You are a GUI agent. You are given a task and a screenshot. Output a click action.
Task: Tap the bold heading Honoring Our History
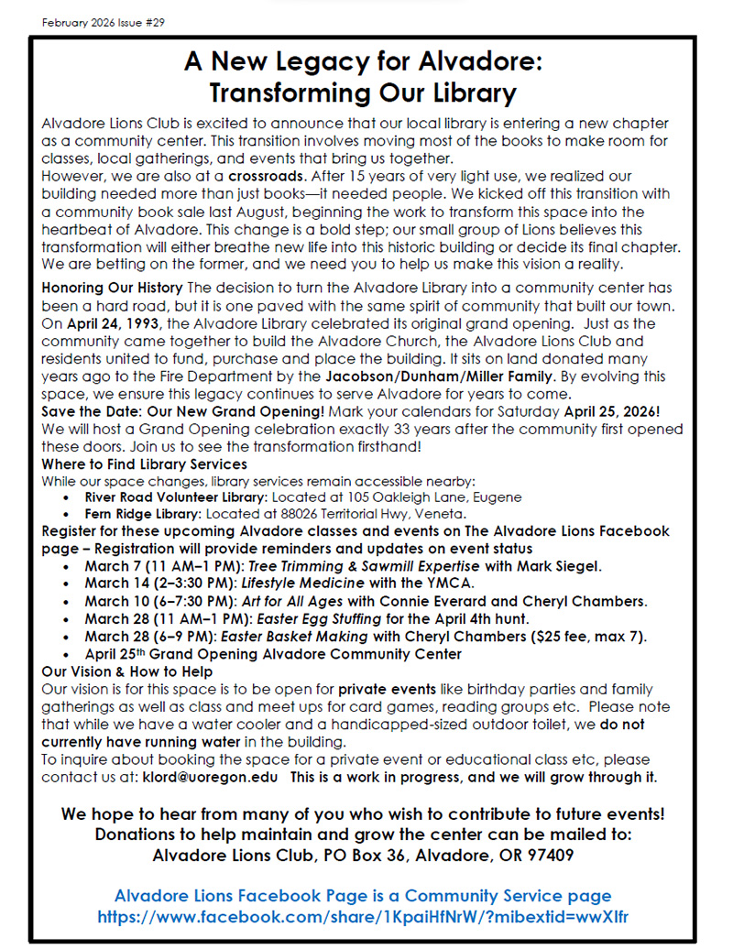tap(113, 288)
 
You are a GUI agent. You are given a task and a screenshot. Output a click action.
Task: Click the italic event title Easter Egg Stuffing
tap(303, 619)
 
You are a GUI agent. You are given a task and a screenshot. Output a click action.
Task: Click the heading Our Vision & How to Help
tap(127, 671)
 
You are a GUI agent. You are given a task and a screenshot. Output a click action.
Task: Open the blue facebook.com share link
tap(363, 916)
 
